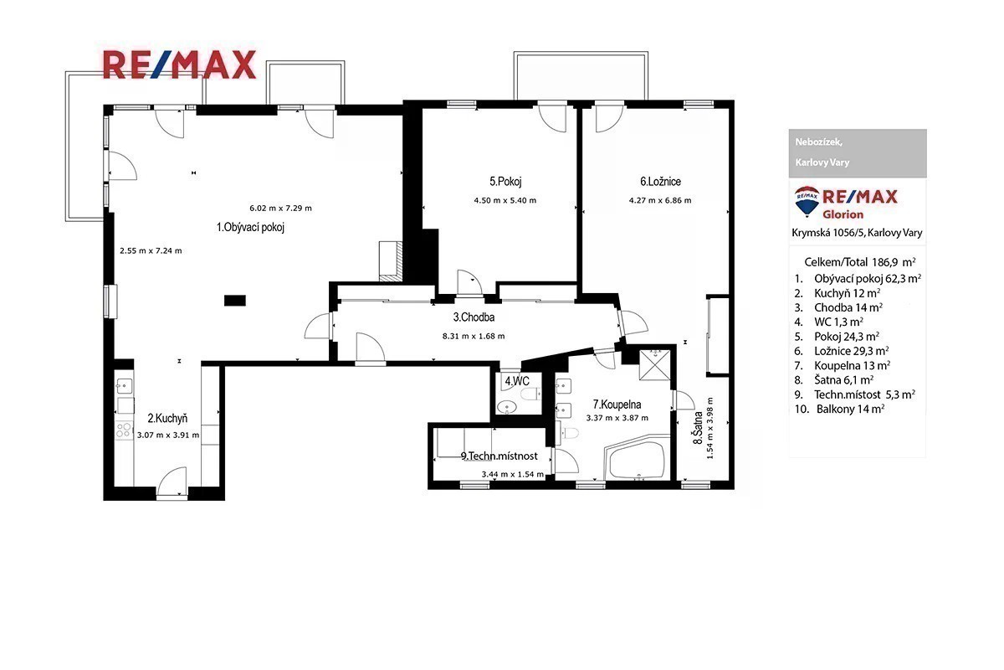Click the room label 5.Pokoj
[505, 182]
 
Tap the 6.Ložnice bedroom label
[660, 182]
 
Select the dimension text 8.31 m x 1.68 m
[474, 336]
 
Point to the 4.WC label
[517, 381]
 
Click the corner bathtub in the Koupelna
[637, 458]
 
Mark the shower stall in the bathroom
[655, 365]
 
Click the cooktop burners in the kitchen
[123, 430]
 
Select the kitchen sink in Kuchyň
[124, 385]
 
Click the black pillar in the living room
[235, 300]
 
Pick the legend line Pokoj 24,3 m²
[846, 337]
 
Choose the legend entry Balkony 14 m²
[850, 410]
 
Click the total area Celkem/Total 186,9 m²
[860, 262]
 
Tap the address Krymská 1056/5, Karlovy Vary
[857, 233]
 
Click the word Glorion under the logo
[843, 214]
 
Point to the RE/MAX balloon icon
[807, 202]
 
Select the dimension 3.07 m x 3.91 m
[168, 435]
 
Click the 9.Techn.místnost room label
[499, 456]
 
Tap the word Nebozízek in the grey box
[818, 142]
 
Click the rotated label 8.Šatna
[698, 428]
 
